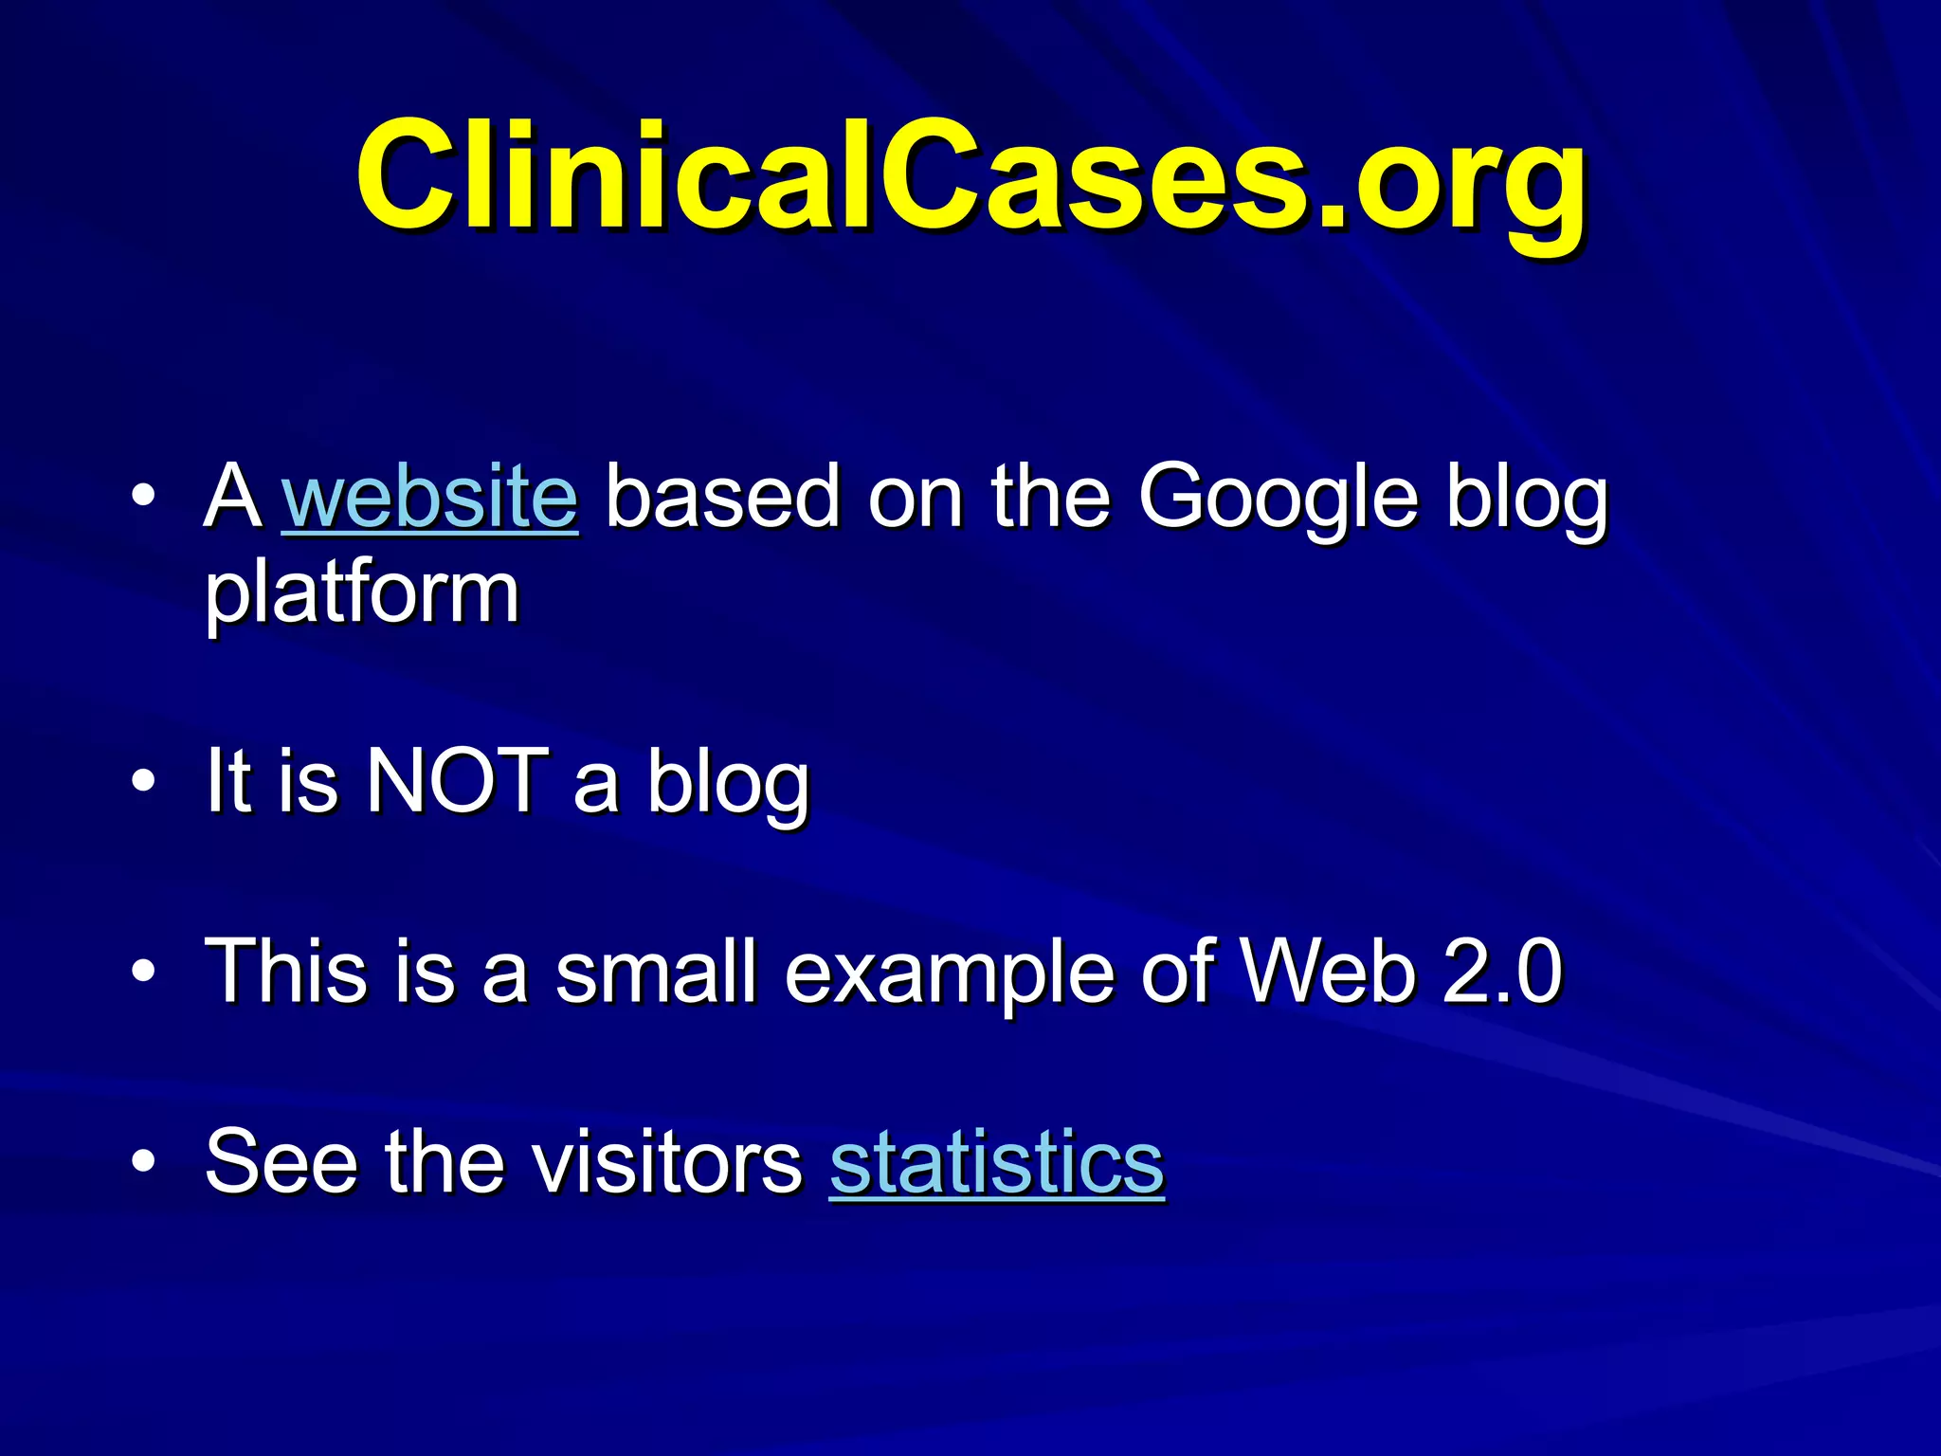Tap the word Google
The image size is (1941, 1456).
[1278, 498]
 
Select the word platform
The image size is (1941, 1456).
[362, 595]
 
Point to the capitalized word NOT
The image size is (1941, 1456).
[457, 781]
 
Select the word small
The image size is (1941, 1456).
[656, 971]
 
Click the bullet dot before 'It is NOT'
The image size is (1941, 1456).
[143, 782]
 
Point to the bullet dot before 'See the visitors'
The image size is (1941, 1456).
[143, 1162]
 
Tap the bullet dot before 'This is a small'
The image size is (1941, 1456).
[143, 972]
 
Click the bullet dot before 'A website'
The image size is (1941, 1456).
[143, 496]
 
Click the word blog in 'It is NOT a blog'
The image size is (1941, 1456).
[728, 783]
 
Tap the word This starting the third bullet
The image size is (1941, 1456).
[284, 971]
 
